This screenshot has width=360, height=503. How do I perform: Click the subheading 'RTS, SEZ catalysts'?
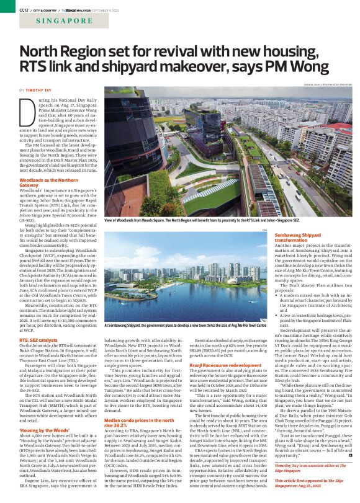click(41, 341)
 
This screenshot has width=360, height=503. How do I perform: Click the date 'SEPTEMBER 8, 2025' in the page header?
click(92, 7)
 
